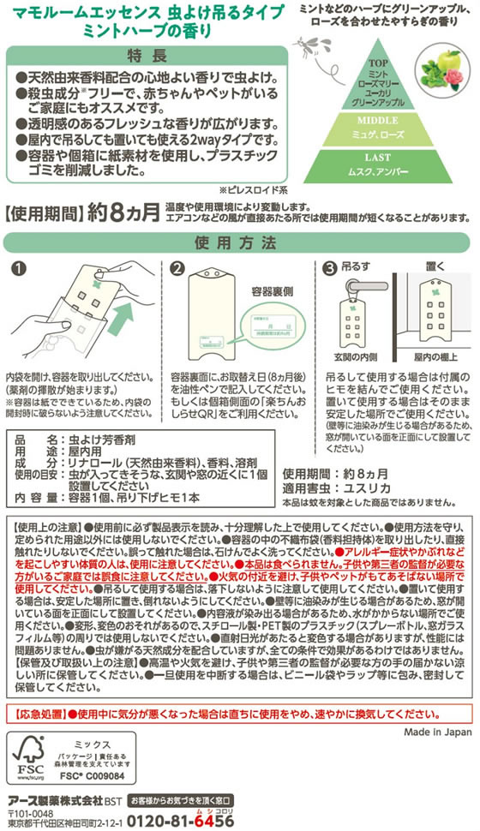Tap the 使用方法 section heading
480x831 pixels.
[238, 242]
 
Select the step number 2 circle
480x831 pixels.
[177, 269]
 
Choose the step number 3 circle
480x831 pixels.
[331, 269]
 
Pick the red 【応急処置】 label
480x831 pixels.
[43, 712]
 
